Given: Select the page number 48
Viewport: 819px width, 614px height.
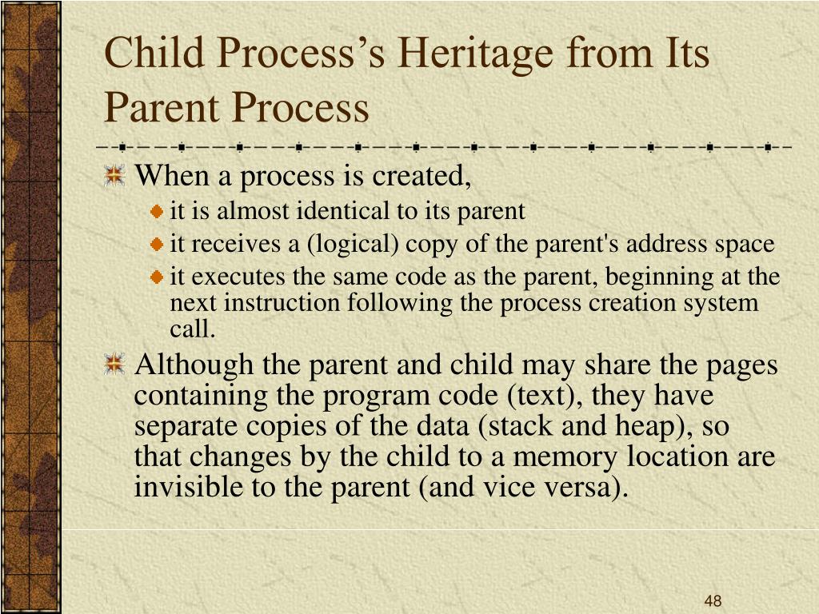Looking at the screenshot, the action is pos(713,600).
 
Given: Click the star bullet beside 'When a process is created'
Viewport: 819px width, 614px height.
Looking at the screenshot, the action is pos(114,175).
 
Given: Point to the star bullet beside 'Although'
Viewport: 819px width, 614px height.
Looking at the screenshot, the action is pos(114,364).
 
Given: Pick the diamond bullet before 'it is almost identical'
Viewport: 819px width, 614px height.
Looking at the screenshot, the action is pos(157,211).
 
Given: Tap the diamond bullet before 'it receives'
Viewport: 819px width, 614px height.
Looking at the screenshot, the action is pos(157,245).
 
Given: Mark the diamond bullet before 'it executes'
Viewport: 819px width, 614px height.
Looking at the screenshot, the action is pos(157,277).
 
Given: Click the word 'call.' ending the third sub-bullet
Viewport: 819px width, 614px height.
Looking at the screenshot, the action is pos(192,329).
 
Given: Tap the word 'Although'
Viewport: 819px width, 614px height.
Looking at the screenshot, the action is pos(194,365).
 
